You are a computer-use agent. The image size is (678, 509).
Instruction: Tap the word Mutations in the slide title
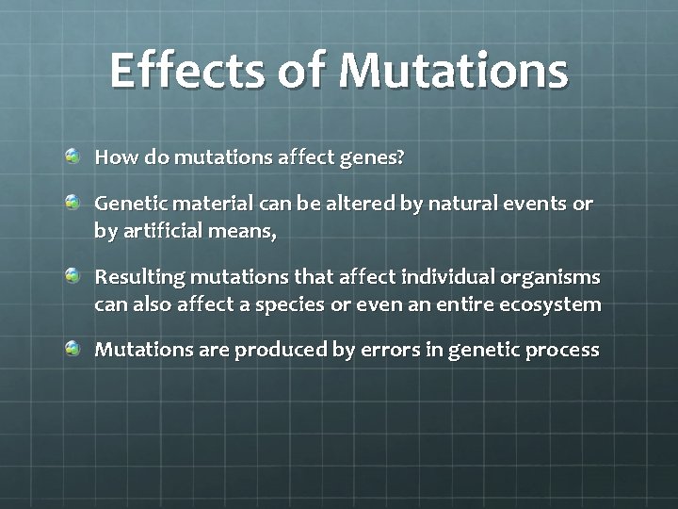(453, 71)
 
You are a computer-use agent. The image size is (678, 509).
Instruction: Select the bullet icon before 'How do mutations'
(73, 156)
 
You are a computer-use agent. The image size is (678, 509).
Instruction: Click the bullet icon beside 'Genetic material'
(73, 202)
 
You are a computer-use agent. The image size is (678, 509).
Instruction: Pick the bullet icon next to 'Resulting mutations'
(73, 276)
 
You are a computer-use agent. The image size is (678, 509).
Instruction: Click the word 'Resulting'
(138, 278)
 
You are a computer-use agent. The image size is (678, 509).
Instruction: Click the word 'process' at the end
(562, 351)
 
